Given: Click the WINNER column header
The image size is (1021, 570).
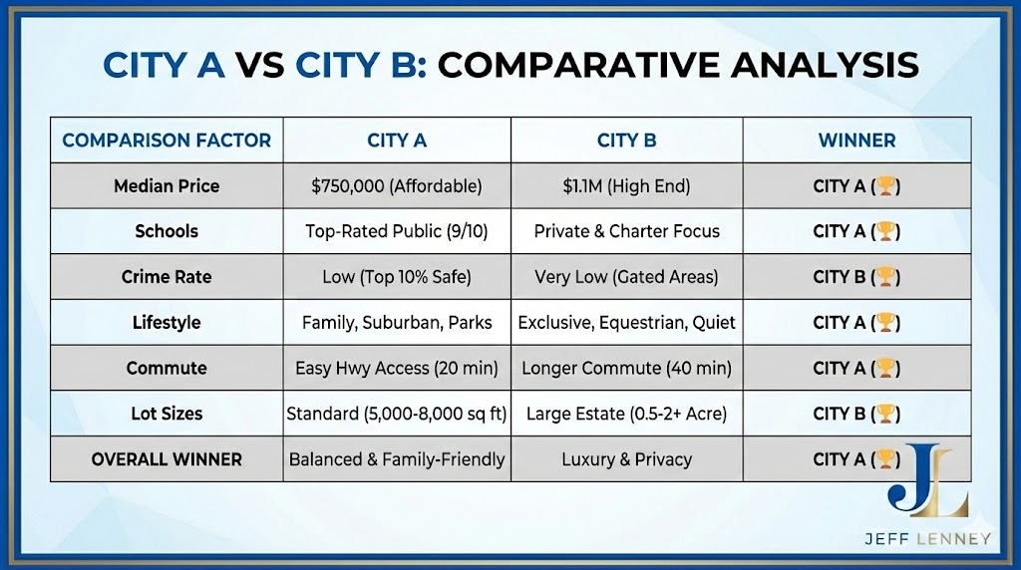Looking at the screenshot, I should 856,141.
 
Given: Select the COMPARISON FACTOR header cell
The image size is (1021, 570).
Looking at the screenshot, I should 167,141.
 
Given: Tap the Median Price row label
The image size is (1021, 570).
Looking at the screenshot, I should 167,186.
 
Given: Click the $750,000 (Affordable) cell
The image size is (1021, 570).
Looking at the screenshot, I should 397,186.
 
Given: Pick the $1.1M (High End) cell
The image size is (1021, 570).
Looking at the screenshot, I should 626,186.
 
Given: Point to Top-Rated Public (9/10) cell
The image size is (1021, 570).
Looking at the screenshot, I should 397,231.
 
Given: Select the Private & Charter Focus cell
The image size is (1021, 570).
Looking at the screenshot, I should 626,231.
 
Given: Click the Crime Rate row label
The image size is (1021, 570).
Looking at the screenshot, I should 167,277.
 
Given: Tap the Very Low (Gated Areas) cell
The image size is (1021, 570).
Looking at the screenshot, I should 626,277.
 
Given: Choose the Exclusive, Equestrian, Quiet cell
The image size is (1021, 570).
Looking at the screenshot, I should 626,323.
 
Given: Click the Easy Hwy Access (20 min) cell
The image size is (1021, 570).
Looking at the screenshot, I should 397,368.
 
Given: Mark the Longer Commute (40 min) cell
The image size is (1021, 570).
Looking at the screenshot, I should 626,368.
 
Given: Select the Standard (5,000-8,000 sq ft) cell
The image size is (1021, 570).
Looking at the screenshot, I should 397,414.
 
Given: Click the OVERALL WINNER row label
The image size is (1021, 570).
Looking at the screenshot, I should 167,459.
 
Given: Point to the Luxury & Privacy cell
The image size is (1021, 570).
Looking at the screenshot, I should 626,459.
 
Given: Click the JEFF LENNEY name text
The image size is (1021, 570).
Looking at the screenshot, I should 927,539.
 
